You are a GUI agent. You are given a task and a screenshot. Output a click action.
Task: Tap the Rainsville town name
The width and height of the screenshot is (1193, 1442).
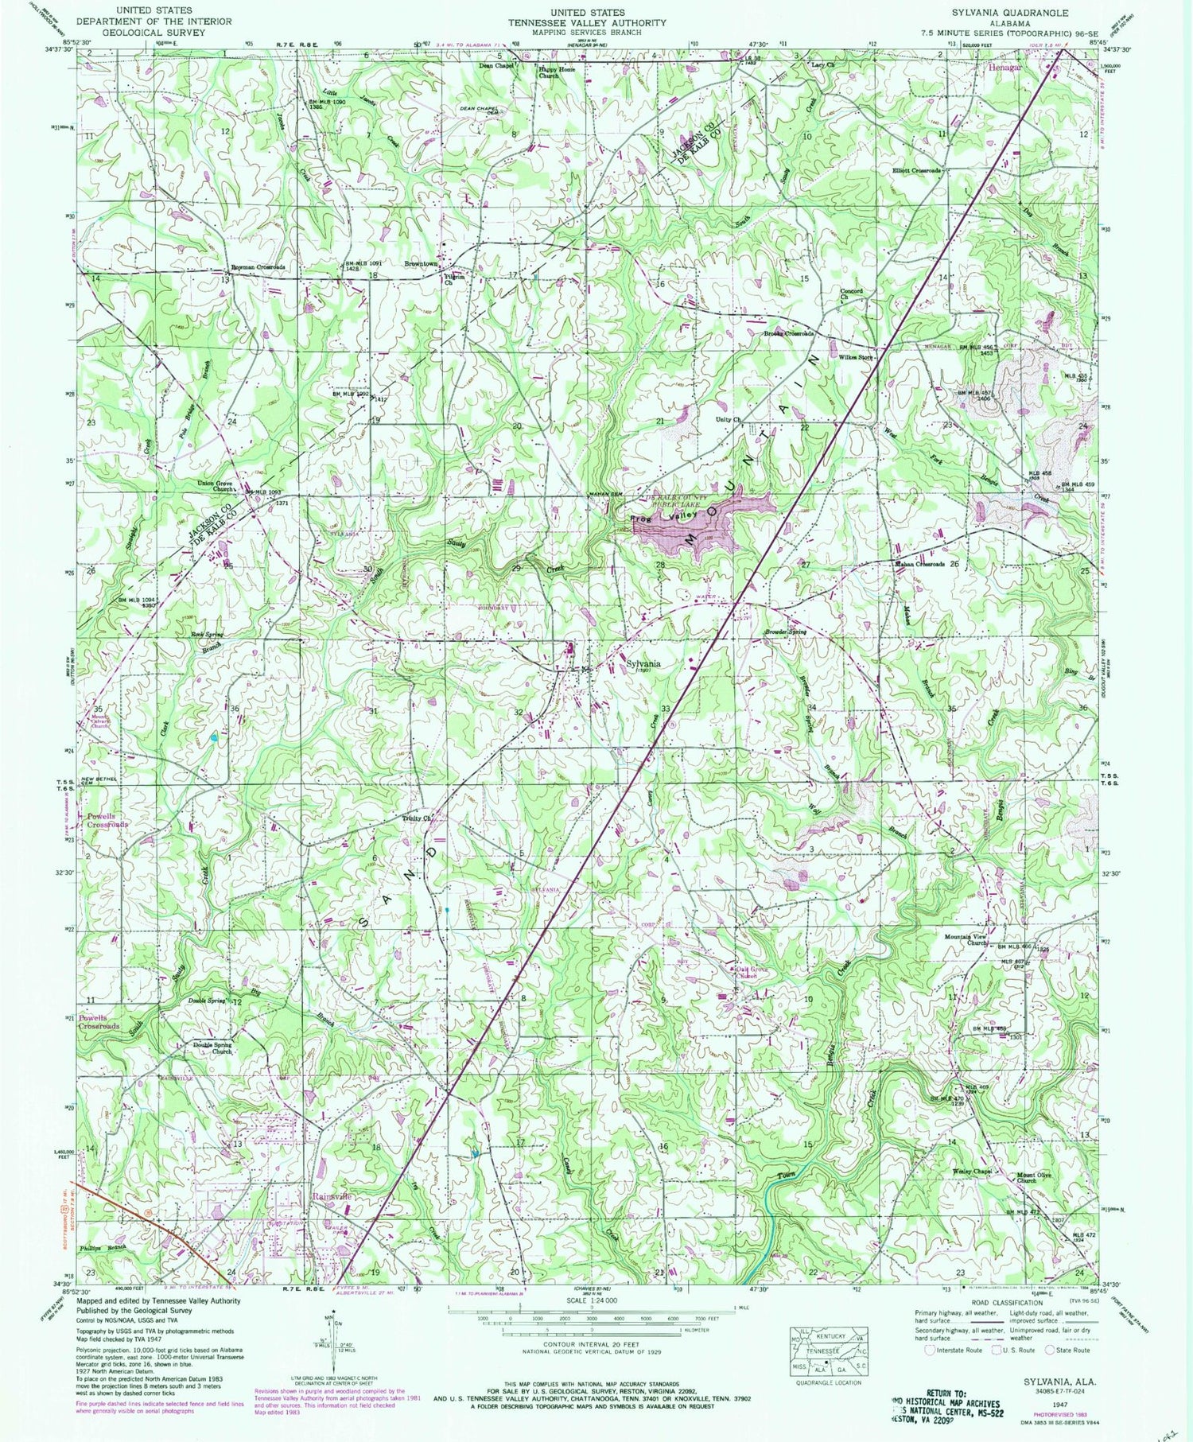coord(330,1196)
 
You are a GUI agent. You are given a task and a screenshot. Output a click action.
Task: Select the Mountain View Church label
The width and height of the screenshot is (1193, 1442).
coord(966,939)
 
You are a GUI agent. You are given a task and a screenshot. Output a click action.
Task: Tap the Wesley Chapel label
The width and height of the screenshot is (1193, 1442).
coord(972,1171)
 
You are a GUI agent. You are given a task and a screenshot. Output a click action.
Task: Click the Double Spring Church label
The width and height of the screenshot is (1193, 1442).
coord(211,1048)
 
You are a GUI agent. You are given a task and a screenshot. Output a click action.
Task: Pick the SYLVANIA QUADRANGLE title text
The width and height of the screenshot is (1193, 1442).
coord(1004,14)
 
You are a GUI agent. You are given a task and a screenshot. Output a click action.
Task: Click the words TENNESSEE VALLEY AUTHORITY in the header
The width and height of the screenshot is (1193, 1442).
coord(588,23)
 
